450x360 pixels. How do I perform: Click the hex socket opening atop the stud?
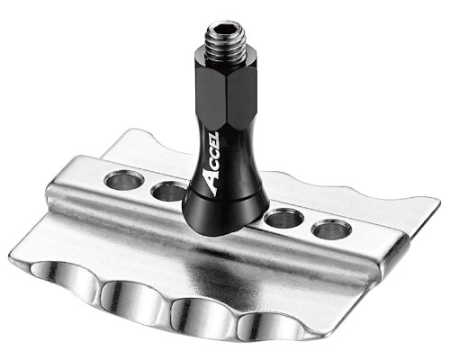click(225, 30)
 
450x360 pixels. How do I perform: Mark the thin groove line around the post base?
click(225, 198)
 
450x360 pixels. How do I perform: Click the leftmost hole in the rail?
click(124, 181)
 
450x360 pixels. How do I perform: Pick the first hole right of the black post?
click(284, 219)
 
